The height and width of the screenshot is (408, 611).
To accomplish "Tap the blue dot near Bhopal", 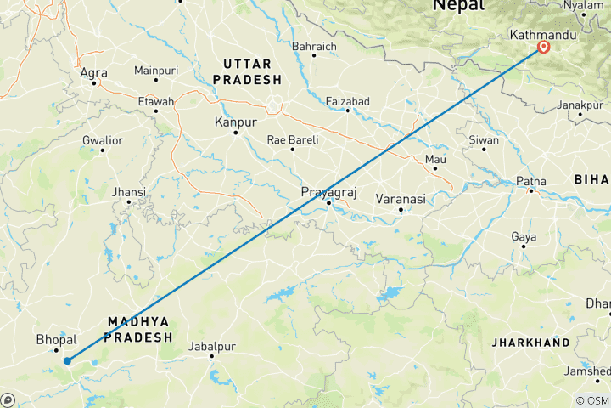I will click(66, 360).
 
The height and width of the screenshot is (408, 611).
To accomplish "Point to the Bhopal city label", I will click(57, 339).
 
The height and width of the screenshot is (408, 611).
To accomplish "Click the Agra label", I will click(92, 73).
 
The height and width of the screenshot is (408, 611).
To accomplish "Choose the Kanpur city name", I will click(236, 122).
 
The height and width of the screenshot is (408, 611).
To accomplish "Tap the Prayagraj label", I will click(326, 193).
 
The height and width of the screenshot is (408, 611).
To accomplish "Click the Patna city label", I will click(531, 181).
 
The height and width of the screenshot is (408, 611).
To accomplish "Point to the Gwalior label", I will click(103, 139).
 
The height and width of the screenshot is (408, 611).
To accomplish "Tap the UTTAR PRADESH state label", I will click(247, 71).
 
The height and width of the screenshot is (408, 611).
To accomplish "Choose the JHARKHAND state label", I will click(530, 343).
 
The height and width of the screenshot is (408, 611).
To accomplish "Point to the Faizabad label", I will click(347, 101).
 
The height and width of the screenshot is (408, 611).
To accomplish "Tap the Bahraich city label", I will click(314, 46).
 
